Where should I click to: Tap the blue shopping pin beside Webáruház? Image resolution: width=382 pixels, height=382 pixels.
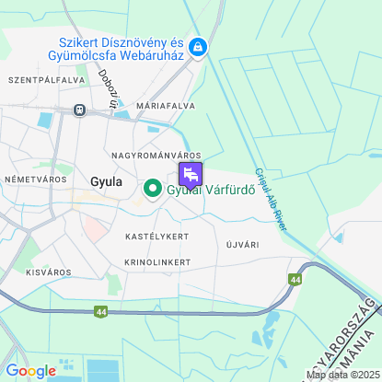coord(198,47)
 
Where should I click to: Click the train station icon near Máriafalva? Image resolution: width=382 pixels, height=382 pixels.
coord(80,110)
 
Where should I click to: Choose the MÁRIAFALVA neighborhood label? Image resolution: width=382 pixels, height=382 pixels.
coord(165,106)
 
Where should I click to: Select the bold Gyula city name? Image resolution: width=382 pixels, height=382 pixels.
coord(107,181)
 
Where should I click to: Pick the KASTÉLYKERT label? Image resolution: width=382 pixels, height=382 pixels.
coord(156,237)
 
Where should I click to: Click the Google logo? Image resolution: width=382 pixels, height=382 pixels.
coord(30,371)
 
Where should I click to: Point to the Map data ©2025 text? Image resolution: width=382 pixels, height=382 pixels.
coord(342,375)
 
